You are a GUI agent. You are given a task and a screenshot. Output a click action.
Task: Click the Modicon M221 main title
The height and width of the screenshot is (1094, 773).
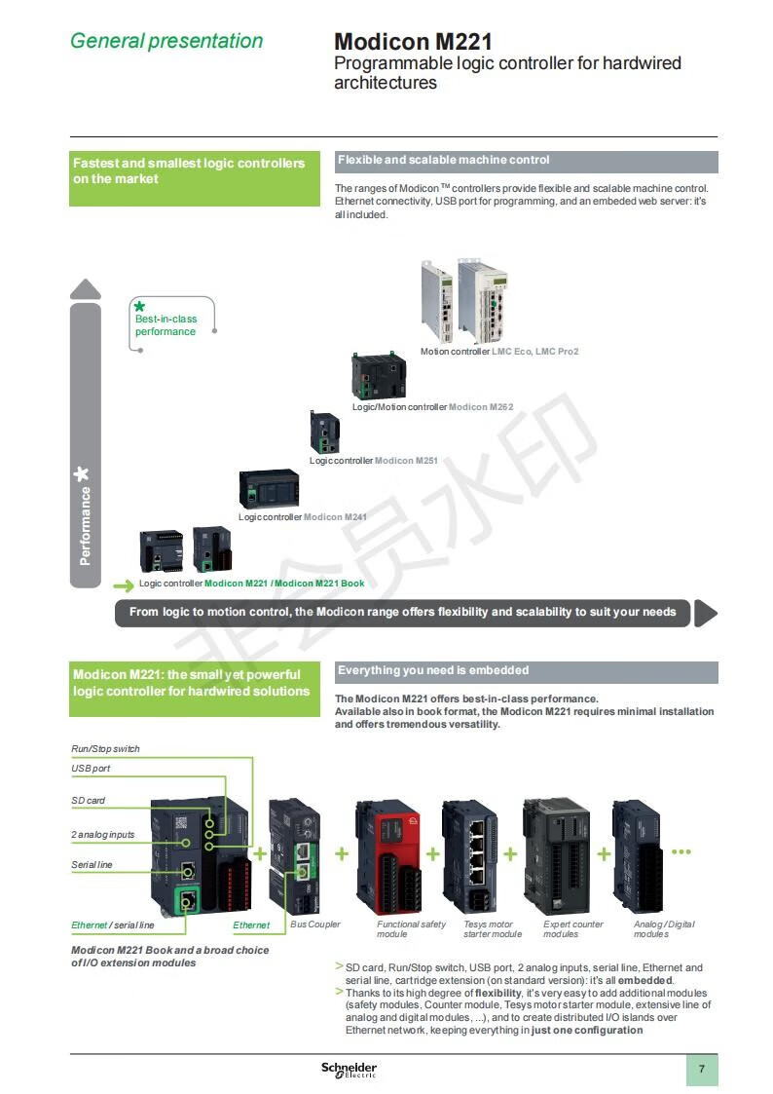pyautogui.click(x=413, y=42)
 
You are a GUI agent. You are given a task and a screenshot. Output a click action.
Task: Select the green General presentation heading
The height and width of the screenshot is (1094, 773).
pyautogui.click(x=166, y=41)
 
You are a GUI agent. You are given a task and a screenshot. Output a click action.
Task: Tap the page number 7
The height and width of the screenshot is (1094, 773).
pyautogui.click(x=701, y=1070)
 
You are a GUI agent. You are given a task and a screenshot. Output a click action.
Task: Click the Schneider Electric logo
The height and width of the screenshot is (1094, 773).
pyautogui.click(x=349, y=1070)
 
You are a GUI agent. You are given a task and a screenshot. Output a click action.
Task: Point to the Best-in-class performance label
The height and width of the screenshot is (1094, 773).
pyautogui.click(x=166, y=325)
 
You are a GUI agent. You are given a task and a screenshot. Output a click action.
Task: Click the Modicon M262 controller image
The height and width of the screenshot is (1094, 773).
pyautogui.click(x=379, y=376)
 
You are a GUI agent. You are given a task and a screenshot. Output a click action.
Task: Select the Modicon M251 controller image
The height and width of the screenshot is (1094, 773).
pyautogui.click(x=325, y=432)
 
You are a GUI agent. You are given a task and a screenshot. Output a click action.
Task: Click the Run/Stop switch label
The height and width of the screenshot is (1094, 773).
pyautogui.click(x=105, y=749)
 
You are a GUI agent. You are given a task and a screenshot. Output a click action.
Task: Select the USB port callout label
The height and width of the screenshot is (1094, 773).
pyautogui.click(x=91, y=769)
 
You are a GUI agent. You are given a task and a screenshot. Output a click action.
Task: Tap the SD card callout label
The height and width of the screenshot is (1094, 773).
pyautogui.click(x=88, y=801)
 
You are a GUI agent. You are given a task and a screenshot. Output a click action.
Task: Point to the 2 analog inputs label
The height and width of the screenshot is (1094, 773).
pyautogui.click(x=102, y=835)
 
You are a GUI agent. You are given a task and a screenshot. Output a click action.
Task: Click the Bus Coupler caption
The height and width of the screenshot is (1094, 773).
pyautogui.click(x=315, y=924)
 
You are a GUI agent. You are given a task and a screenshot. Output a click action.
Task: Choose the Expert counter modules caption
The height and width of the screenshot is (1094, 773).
pyautogui.click(x=573, y=928)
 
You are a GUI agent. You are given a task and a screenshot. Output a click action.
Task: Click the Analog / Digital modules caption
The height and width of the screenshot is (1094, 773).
pyautogui.click(x=664, y=928)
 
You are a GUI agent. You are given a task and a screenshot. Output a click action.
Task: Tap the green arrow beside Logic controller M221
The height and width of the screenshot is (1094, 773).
pyautogui.click(x=123, y=585)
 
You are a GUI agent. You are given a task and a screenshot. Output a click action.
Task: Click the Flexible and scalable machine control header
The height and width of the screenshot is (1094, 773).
pyautogui.click(x=526, y=161)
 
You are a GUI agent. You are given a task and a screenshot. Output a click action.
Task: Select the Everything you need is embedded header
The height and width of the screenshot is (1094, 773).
pyautogui.click(x=526, y=671)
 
